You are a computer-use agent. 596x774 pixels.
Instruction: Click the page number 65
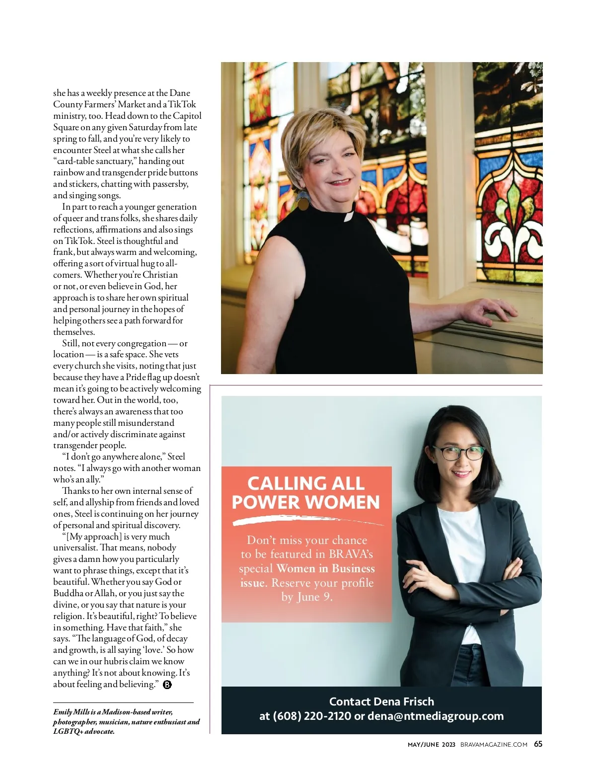pyautogui.click(x=538, y=744)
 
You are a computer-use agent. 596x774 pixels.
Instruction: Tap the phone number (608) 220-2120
pyautogui.click(x=312, y=716)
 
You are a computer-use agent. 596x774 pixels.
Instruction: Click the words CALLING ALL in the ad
pyautogui.click(x=306, y=483)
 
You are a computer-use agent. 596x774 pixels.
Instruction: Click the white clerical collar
pyautogui.click(x=349, y=216)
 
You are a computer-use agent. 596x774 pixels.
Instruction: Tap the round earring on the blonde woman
pyautogui.click(x=302, y=201)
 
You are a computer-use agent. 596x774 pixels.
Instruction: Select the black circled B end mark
pyautogui.click(x=167, y=685)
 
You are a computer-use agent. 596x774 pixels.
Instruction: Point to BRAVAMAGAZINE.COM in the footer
pyautogui.click(x=494, y=744)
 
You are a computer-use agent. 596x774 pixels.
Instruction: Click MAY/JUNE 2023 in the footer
pyautogui.click(x=431, y=744)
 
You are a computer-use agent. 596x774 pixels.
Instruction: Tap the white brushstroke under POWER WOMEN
pyautogui.click(x=308, y=520)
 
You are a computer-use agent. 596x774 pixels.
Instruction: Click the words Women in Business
pyautogui.click(x=325, y=568)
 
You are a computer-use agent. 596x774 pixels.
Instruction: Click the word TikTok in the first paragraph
pyautogui.click(x=182, y=104)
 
